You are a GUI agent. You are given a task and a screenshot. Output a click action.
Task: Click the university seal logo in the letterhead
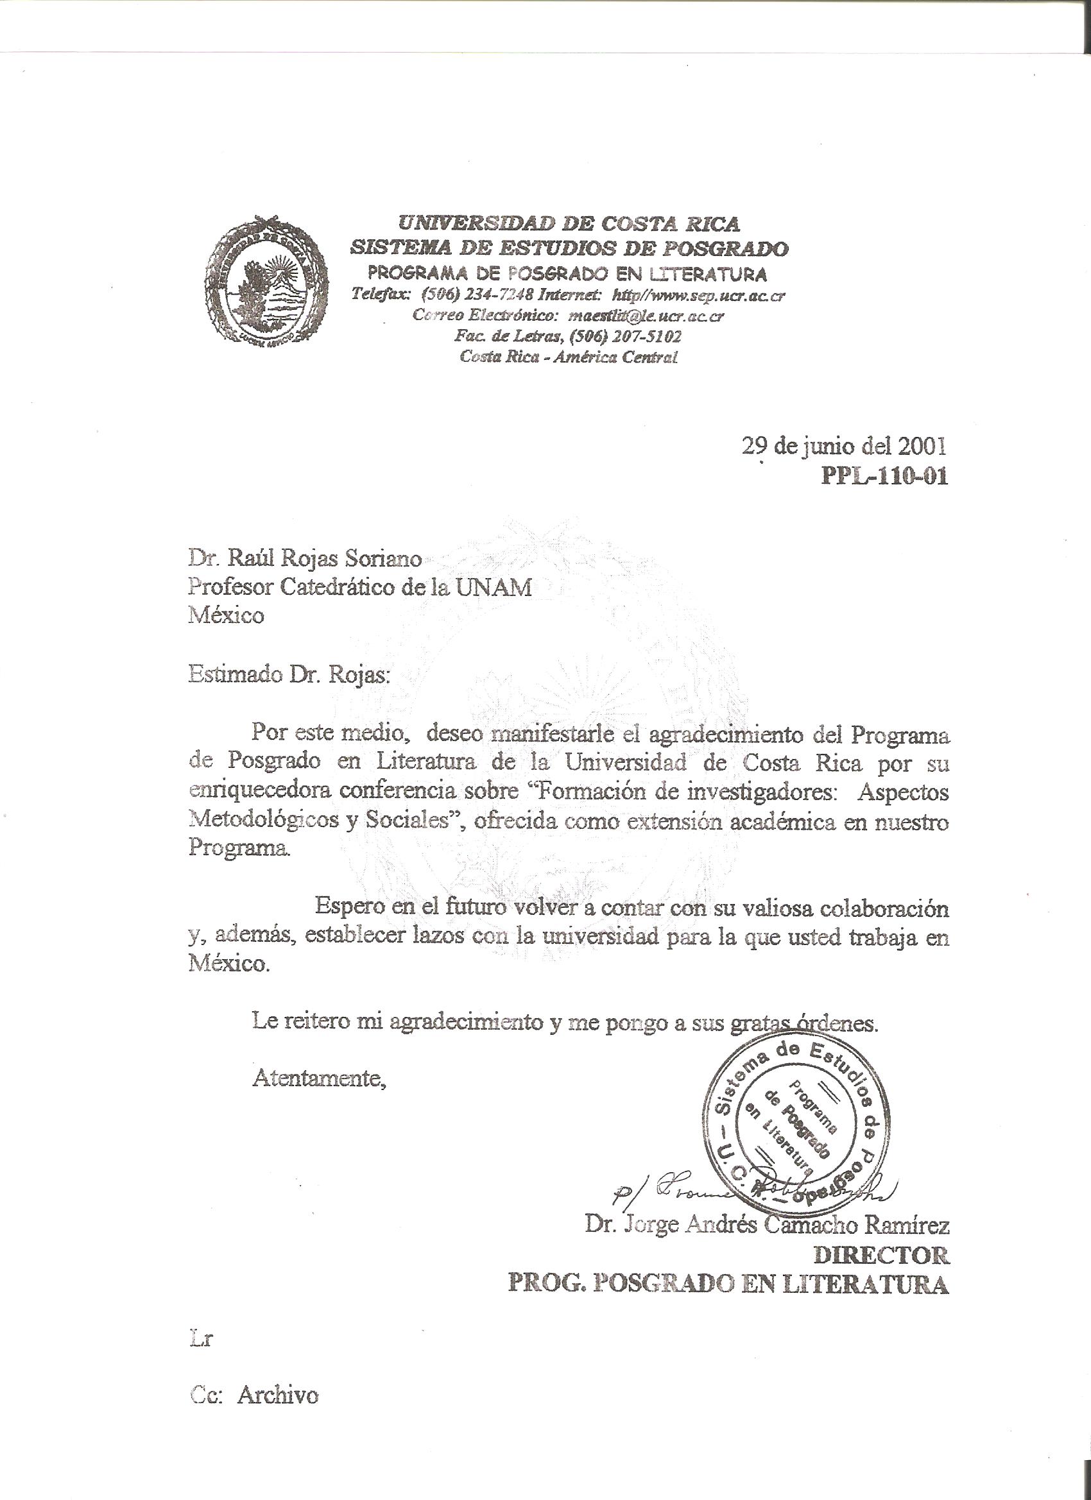[265, 281]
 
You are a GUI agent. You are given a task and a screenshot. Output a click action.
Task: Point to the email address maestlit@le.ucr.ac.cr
[645, 316]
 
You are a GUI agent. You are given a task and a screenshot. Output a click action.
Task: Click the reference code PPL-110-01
[884, 476]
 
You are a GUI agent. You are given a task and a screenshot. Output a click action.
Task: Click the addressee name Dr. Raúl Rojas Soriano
[305, 559]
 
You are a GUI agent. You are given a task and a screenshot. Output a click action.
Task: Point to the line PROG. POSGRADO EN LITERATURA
[728, 1284]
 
